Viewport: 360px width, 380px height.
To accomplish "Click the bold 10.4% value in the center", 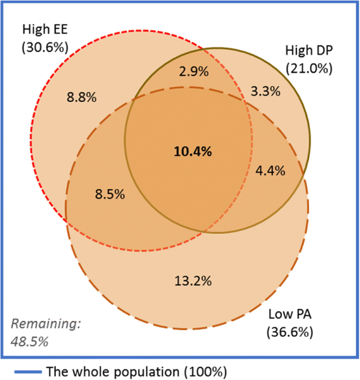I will click(193, 152).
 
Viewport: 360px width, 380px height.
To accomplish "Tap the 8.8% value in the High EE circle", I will click(81, 97).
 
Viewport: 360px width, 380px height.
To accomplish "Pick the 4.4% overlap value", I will click(270, 170).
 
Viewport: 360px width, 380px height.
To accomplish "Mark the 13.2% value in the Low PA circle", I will click(193, 281).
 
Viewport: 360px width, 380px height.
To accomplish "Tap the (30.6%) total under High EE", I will click(45, 47).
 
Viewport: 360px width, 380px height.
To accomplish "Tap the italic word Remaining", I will click(46, 324).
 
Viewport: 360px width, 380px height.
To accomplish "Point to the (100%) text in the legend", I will click(204, 371).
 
